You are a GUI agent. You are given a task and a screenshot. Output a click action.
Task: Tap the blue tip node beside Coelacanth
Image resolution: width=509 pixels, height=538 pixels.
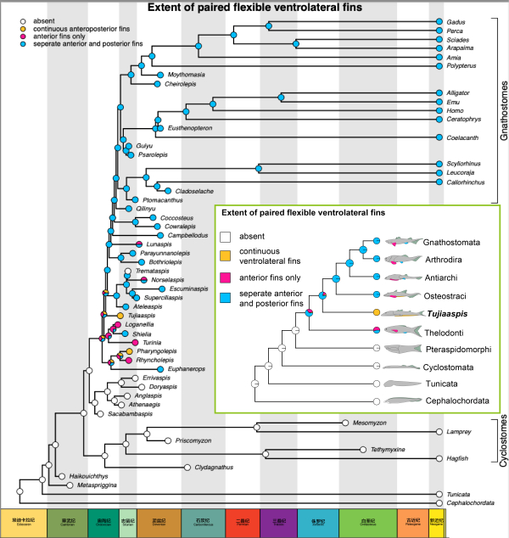pos(439,137)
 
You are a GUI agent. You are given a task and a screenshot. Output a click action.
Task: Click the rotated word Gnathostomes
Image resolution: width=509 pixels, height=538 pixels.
pos(502,110)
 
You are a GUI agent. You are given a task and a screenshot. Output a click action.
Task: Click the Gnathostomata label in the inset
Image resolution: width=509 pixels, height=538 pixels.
pos(453,243)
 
